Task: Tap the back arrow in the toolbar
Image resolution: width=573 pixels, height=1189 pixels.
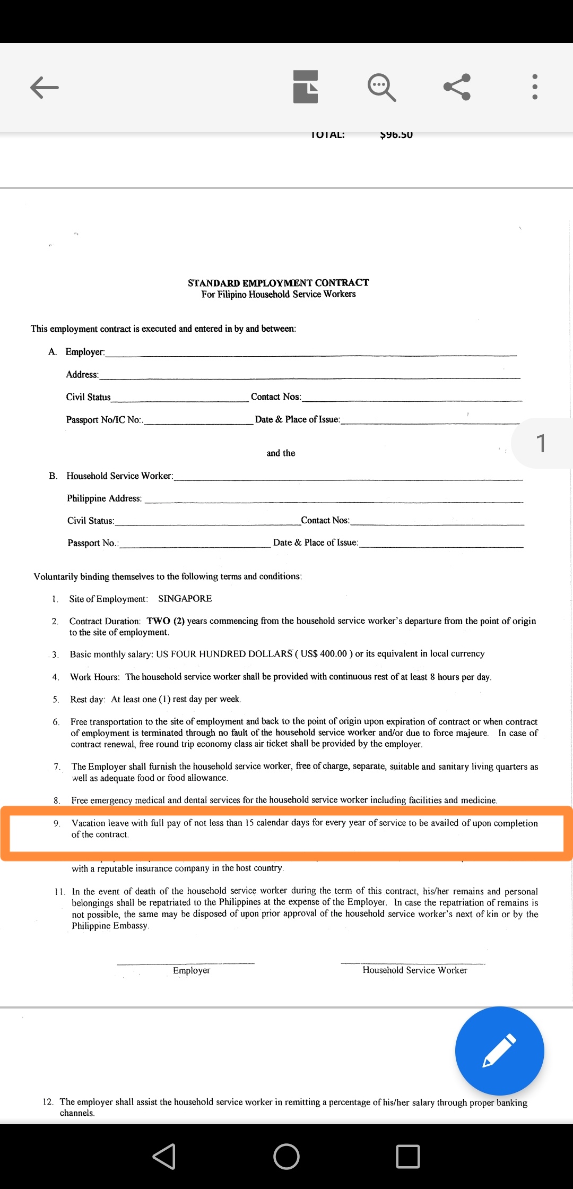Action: (45, 88)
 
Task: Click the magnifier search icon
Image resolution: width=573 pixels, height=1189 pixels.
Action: (381, 87)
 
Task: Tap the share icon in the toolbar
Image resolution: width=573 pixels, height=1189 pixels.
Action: (457, 87)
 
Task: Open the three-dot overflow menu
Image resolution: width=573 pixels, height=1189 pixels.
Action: (534, 87)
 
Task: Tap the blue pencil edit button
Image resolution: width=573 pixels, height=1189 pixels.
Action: (499, 1050)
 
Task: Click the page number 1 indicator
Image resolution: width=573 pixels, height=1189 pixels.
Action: (541, 443)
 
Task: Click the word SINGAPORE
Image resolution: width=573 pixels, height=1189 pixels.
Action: (185, 599)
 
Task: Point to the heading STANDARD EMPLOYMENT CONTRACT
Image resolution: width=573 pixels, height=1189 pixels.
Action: (278, 283)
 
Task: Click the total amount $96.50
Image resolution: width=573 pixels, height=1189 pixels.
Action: (396, 135)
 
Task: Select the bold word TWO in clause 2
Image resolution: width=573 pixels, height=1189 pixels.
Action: (159, 621)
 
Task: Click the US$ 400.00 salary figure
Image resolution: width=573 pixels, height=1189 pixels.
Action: (324, 654)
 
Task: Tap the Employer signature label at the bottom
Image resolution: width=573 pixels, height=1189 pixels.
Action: (192, 970)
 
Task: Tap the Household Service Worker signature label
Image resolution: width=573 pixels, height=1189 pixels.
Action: (414, 970)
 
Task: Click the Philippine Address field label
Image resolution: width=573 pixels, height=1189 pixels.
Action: (105, 498)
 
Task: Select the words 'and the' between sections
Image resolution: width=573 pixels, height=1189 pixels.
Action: (281, 453)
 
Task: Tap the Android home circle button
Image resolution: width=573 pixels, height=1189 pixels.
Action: (286, 1156)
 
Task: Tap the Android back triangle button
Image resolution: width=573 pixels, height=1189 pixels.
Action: (164, 1156)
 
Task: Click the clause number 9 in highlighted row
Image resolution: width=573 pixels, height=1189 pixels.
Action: (57, 823)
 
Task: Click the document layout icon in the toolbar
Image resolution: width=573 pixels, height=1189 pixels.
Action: (306, 87)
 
